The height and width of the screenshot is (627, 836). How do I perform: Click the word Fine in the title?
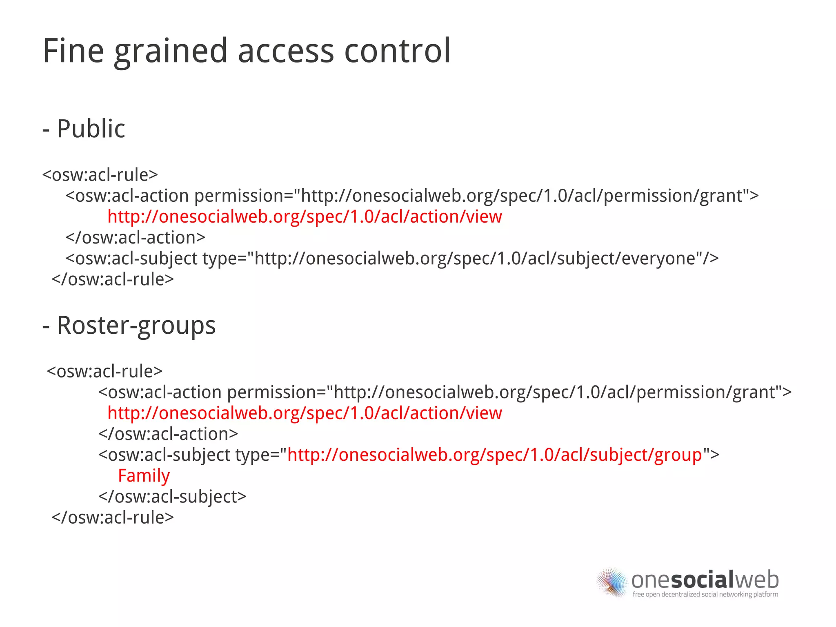(x=73, y=51)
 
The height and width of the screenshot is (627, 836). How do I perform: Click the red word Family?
(x=144, y=476)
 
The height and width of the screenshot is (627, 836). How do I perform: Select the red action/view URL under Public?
(x=305, y=217)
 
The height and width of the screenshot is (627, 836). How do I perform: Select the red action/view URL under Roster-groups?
(x=305, y=413)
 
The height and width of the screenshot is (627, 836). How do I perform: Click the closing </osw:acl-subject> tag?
(x=172, y=497)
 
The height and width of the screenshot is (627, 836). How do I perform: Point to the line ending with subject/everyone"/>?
(x=392, y=259)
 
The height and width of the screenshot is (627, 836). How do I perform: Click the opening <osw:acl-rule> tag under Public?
(x=100, y=175)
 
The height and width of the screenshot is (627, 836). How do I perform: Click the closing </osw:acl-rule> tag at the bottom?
(x=113, y=518)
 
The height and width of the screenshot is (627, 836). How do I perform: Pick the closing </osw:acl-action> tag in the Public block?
(x=135, y=238)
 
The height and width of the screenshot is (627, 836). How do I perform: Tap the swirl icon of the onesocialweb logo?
(x=611, y=582)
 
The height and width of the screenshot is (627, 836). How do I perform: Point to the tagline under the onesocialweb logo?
(x=705, y=594)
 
